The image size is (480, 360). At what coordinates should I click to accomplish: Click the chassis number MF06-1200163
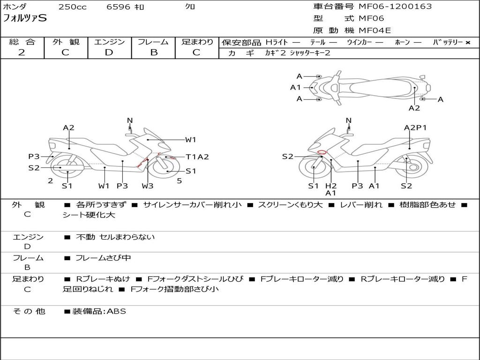pyautogui.click(x=395, y=6)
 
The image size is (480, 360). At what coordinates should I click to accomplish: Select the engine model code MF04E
pyautogui.click(x=375, y=30)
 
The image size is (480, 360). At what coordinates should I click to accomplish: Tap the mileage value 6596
pyautogui.click(x=118, y=7)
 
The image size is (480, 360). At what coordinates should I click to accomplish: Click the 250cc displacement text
pyautogui.click(x=73, y=7)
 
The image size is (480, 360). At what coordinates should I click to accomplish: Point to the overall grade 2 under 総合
pyautogui.click(x=22, y=52)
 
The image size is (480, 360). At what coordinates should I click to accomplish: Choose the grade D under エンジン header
pyautogui.click(x=109, y=52)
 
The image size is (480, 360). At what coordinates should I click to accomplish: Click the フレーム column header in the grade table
pyautogui.click(x=153, y=42)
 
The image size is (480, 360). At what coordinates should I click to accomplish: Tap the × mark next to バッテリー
pyautogui.click(x=468, y=43)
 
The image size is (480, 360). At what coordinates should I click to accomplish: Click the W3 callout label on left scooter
pyautogui.click(x=147, y=186)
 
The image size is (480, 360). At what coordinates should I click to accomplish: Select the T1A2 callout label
pyautogui.click(x=197, y=157)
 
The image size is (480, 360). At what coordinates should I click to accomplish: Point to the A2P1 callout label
pyautogui.click(x=415, y=127)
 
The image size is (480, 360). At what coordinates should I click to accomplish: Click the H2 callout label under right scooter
pyautogui.click(x=331, y=186)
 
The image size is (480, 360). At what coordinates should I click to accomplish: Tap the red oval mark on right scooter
pyautogui.click(x=322, y=152)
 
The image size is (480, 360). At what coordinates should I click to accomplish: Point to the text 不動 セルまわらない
pyautogui.click(x=115, y=237)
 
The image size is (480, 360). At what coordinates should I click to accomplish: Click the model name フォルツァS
pyautogui.click(x=25, y=18)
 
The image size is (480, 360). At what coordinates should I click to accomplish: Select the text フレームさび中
pyautogui.click(x=103, y=258)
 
